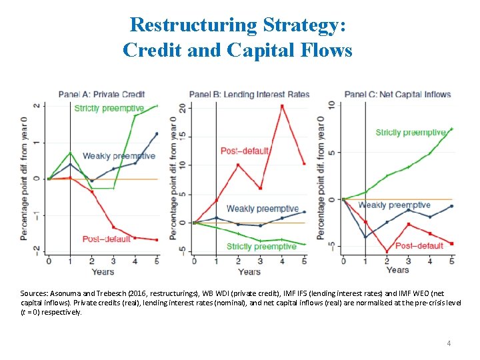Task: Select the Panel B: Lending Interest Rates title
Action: click(x=249, y=94)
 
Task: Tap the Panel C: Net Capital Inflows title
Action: click(x=398, y=94)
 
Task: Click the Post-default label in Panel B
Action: click(x=245, y=151)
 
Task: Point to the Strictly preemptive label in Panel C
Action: click(x=410, y=133)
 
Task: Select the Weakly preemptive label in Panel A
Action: click(x=119, y=156)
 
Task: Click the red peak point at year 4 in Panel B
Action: click(x=282, y=106)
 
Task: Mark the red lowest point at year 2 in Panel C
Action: click(x=387, y=251)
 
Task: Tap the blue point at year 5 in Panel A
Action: click(x=157, y=134)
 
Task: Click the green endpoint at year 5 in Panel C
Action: click(x=452, y=129)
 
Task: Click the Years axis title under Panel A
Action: click(x=103, y=271)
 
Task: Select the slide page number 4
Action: click(x=449, y=343)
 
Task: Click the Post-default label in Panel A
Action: click(x=106, y=239)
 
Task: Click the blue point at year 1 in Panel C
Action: click(x=365, y=237)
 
